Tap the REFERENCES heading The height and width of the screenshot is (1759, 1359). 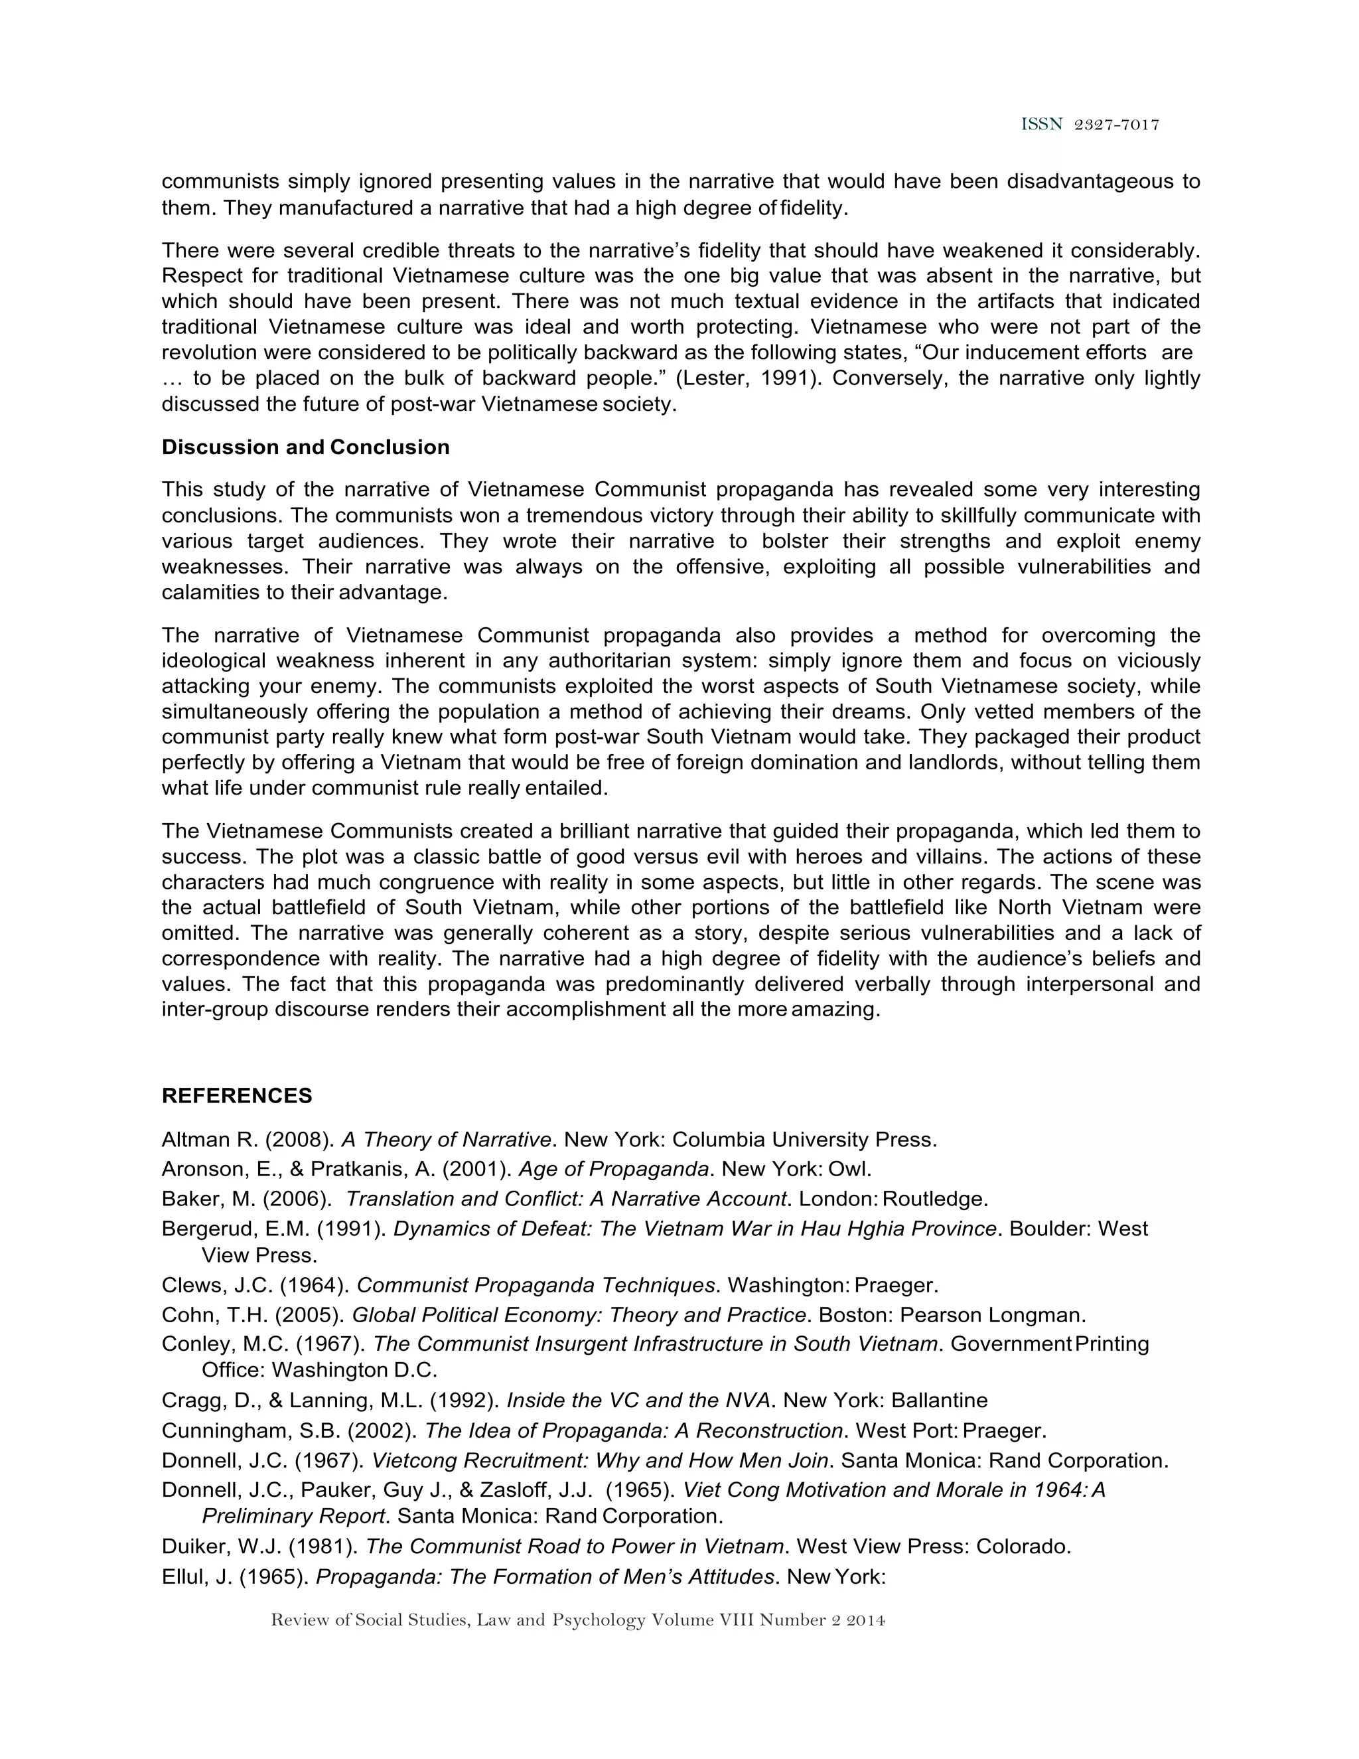(x=237, y=1095)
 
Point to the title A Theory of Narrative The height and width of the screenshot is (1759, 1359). (x=446, y=1140)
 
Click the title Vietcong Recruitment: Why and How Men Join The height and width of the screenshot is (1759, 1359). (x=600, y=1460)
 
